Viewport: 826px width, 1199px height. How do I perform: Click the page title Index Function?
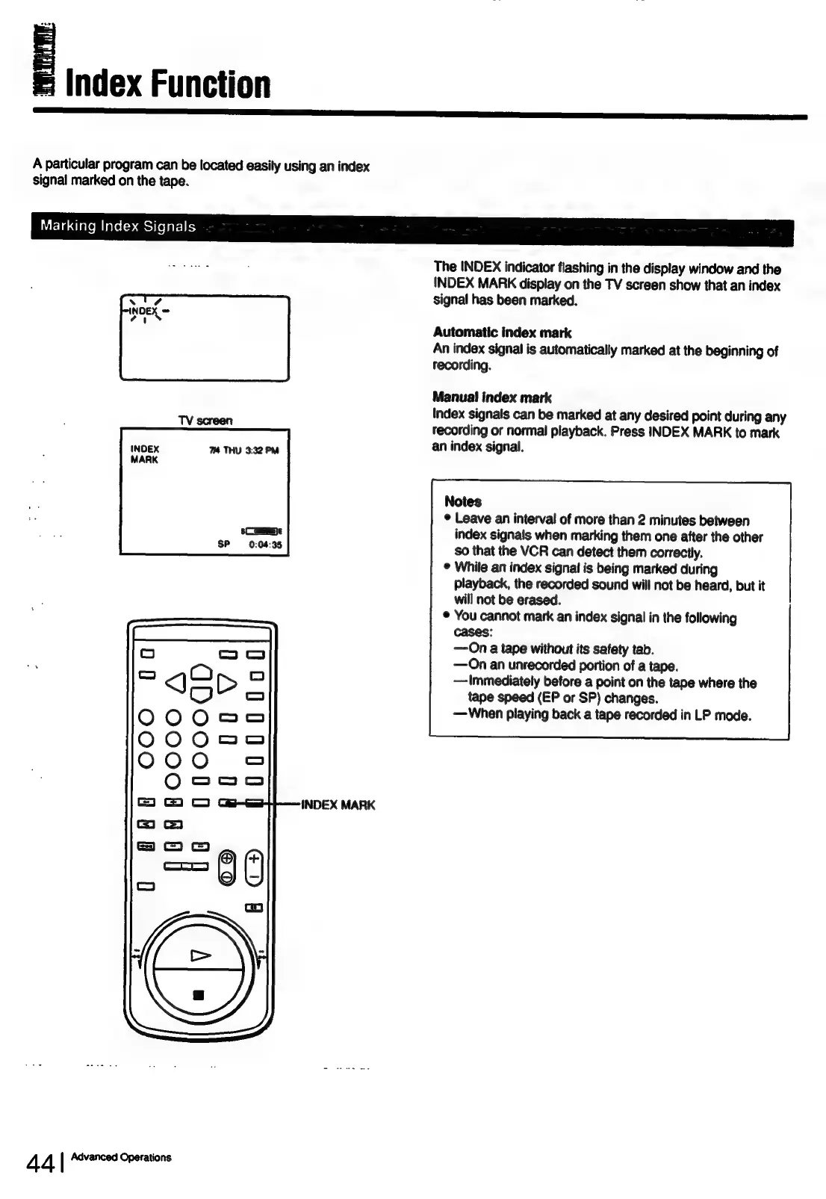coord(168,84)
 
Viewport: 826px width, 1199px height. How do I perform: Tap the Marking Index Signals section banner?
coord(118,226)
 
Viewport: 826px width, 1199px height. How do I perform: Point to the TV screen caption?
coord(205,421)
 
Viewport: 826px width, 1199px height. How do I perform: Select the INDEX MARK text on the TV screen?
coord(144,454)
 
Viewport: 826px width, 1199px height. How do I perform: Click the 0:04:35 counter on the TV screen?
coord(265,545)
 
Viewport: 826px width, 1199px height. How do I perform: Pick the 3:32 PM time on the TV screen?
coord(261,450)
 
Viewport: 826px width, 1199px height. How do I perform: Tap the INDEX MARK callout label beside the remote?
coord(338,805)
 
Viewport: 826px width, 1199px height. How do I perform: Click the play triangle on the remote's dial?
coord(200,955)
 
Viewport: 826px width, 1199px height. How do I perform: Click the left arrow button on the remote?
coord(175,681)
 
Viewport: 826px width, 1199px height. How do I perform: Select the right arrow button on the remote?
coord(226,681)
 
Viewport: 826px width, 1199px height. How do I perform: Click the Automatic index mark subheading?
coord(502,332)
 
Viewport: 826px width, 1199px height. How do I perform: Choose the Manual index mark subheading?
coord(491,397)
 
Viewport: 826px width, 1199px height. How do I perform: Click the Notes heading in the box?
coord(462,501)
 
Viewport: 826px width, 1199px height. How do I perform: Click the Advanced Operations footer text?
coord(121,1157)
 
